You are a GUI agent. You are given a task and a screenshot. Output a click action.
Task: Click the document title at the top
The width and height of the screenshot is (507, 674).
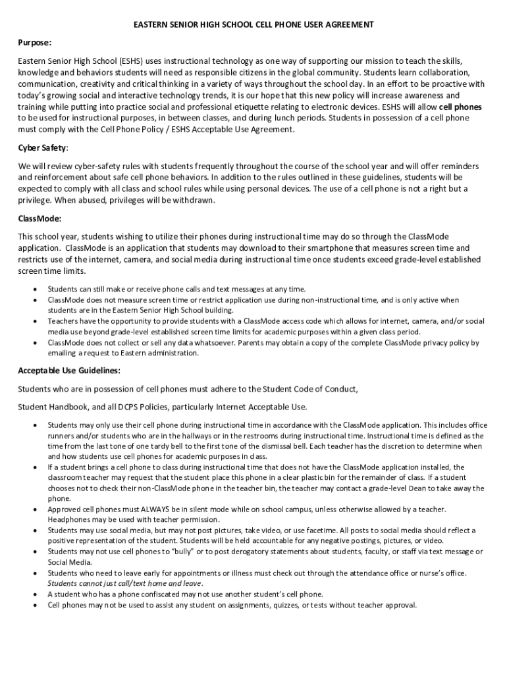(x=254, y=24)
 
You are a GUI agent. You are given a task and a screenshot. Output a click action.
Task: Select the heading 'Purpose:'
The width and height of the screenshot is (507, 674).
(x=35, y=43)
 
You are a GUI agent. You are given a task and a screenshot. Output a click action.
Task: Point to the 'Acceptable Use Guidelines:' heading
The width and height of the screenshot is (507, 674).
(x=69, y=371)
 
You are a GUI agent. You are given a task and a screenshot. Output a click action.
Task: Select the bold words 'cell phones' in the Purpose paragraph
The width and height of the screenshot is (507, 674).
(x=460, y=107)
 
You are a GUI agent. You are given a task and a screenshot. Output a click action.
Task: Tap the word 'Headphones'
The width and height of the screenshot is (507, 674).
(x=67, y=520)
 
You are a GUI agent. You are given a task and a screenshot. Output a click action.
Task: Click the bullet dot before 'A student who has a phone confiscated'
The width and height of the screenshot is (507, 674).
(x=34, y=594)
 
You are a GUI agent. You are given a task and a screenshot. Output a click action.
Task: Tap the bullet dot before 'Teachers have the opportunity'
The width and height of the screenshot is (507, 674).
(x=34, y=321)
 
